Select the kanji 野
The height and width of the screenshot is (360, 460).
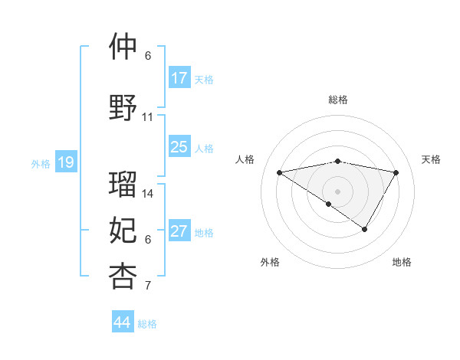point(123,107)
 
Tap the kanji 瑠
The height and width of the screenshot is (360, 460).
point(123,184)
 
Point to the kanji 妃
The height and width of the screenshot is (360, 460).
point(123,229)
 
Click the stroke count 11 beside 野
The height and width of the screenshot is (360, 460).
point(148,117)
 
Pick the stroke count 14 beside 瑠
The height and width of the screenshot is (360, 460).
point(148,193)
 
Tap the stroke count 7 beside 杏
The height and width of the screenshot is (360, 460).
point(148,286)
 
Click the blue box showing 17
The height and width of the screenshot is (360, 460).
point(179,78)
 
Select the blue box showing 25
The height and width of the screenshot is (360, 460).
point(179,147)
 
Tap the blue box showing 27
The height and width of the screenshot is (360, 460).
point(179,231)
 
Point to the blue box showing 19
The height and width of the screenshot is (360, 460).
point(66,162)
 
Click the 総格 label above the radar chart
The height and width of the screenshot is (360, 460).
point(337,100)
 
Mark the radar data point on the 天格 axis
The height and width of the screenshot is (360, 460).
point(396,172)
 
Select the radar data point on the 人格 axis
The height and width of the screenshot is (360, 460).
point(279,172)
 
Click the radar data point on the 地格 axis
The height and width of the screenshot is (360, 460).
point(365,229)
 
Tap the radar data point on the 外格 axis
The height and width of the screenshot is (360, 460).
point(329,204)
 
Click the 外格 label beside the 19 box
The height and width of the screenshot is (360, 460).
point(40,163)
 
